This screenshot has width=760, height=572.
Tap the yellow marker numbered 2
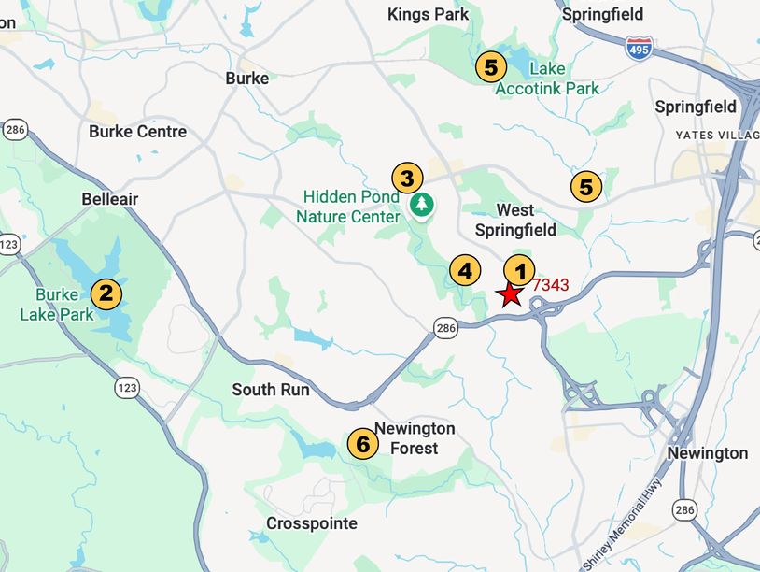[106, 293]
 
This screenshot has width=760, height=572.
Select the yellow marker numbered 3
[407, 177]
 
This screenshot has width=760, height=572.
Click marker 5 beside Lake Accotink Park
[490, 66]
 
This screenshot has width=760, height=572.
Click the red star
[510, 295]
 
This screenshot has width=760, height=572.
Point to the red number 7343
[550, 285]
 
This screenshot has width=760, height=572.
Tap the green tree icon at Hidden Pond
[423, 203]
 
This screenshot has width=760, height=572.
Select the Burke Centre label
[137, 132]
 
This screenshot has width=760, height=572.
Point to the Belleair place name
[110, 199]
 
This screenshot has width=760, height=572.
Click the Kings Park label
[429, 14]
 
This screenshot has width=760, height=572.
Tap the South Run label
[271, 390]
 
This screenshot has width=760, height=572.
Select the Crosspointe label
[312, 523]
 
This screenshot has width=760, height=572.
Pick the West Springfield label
[514, 221]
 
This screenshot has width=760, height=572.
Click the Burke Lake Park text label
[58, 305]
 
